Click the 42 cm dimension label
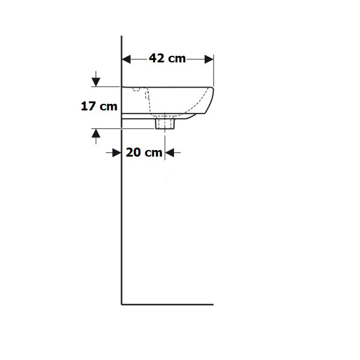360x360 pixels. coord(167,58)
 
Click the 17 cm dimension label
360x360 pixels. coord(99,106)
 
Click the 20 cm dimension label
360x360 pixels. coord(144,152)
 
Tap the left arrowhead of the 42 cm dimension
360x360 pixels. coord(126,59)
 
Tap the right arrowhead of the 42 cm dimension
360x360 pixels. coord(209,59)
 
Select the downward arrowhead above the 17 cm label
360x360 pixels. coord(96,82)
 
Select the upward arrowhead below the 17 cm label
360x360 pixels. coord(96,133)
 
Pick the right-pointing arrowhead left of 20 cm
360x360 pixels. coord(117,152)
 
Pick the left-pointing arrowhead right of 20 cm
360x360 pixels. coord(169,152)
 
